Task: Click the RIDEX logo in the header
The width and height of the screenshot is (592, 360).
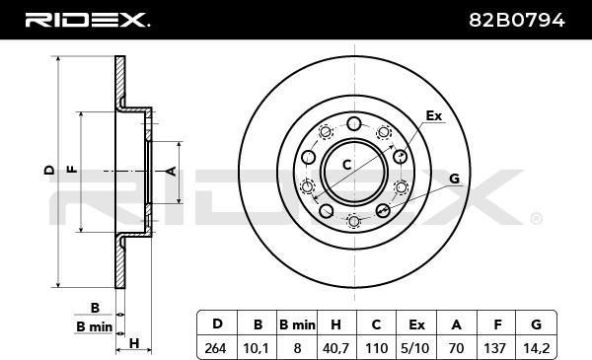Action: pyautogui.click(x=87, y=20)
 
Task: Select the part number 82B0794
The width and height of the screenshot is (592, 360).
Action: pyautogui.click(x=516, y=20)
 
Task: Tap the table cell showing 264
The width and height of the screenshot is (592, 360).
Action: pyautogui.click(x=215, y=348)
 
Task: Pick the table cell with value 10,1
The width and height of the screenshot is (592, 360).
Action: pyautogui.click(x=258, y=348)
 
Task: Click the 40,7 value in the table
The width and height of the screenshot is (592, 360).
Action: pyautogui.click(x=335, y=348)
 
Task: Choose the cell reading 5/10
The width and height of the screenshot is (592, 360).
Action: pyautogui.click(x=416, y=348)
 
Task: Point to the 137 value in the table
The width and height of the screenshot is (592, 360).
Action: pyautogui.click(x=494, y=348)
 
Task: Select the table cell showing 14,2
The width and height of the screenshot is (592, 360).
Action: pyautogui.click(x=536, y=348)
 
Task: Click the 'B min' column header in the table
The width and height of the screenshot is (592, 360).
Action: pyautogui.click(x=297, y=324)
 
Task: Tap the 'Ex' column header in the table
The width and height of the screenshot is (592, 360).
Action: pyautogui.click(x=416, y=324)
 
